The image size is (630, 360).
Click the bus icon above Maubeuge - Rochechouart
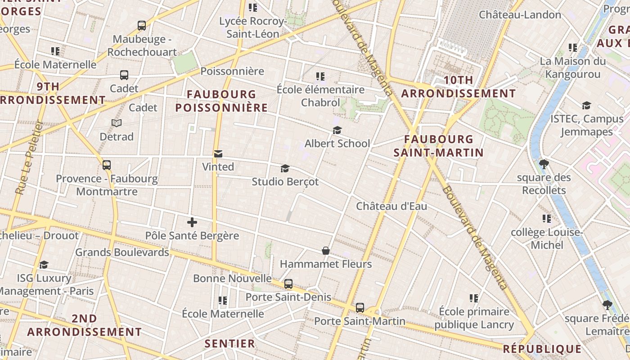coord(142,26)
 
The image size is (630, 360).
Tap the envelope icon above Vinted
coord(218,154)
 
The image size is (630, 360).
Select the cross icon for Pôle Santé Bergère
coord(192,222)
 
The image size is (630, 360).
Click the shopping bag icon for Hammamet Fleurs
coord(326,251)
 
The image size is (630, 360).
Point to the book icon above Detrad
coord(117,123)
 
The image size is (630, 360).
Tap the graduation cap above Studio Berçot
coord(285,169)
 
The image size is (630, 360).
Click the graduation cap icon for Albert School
coord(337,130)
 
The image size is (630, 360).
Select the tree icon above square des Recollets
coord(544,164)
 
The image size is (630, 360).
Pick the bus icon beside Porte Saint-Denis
coord(288,284)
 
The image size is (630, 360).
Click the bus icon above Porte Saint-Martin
coord(360,308)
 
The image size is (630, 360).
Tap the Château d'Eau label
coord(391,206)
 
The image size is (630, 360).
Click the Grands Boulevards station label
coord(122,252)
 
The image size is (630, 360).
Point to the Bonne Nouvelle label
coord(232,278)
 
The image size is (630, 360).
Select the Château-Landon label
coord(520,14)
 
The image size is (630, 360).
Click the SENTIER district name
coord(230,344)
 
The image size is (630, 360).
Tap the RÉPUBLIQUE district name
coord(542,349)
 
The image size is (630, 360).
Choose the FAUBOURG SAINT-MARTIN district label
coord(439,146)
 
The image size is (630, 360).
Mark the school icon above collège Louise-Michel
coord(547,219)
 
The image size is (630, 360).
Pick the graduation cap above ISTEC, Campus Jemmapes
coord(586,106)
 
